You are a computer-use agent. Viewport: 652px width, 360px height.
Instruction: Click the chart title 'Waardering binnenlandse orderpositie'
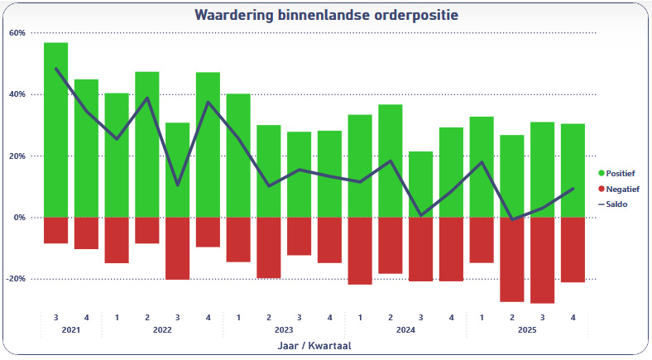(326, 15)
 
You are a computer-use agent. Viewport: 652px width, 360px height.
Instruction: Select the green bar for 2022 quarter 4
(208, 145)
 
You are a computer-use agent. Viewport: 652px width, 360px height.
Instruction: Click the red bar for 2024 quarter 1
(360, 251)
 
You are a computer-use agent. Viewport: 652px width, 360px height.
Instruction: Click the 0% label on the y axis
(19, 218)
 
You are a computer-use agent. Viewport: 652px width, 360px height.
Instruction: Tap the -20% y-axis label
(16, 279)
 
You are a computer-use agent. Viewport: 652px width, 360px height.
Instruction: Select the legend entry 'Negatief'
(621, 189)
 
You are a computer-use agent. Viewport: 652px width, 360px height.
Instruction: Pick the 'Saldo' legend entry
(616, 204)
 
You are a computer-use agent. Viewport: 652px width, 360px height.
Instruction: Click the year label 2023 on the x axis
(285, 330)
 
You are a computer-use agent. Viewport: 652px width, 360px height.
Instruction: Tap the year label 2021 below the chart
(71, 330)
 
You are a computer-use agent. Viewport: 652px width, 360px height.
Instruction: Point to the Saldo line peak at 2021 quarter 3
(56, 69)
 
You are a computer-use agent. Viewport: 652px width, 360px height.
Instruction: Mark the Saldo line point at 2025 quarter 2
(512, 219)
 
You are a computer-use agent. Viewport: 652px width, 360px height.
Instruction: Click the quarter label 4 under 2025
(573, 317)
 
